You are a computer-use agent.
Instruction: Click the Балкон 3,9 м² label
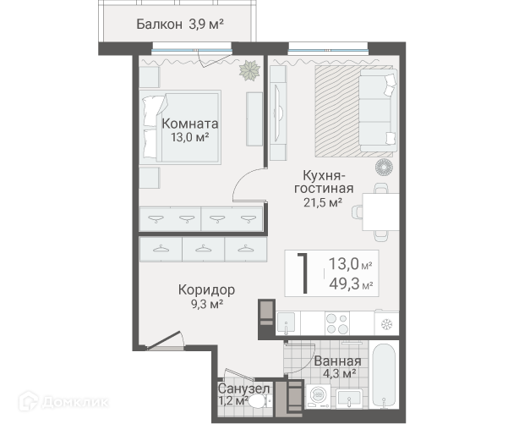pyautogui.click(x=180, y=25)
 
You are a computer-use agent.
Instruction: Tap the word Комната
pyautogui.click(x=190, y=124)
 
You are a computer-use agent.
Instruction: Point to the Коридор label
pyautogui.click(x=206, y=289)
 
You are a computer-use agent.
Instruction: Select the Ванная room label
pyautogui.click(x=337, y=361)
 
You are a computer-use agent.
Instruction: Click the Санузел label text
pyautogui.click(x=243, y=388)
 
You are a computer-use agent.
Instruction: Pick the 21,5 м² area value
pyautogui.click(x=323, y=203)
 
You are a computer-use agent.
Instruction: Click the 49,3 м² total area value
pyautogui.click(x=351, y=284)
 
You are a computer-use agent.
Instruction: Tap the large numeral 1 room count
pyautogui.click(x=303, y=274)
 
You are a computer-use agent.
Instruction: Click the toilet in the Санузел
pyautogui.click(x=260, y=402)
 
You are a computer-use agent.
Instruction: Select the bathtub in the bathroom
pyautogui.click(x=384, y=375)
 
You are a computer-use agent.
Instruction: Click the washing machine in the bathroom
pyautogui.click(x=318, y=396)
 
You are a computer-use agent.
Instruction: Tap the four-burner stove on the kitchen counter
pyautogui.click(x=337, y=323)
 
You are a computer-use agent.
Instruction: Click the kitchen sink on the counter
pyautogui.click(x=286, y=323)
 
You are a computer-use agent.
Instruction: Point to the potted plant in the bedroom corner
pyautogui.click(x=250, y=70)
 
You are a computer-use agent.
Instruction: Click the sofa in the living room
pyautogui.click(x=378, y=110)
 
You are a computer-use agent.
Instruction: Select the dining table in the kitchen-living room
pyautogui.click(x=380, y=212)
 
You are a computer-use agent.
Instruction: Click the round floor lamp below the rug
pyautogui.click(x=385, y=168)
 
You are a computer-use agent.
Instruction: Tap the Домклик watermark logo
pyautogui.click(x=63, y=402)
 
